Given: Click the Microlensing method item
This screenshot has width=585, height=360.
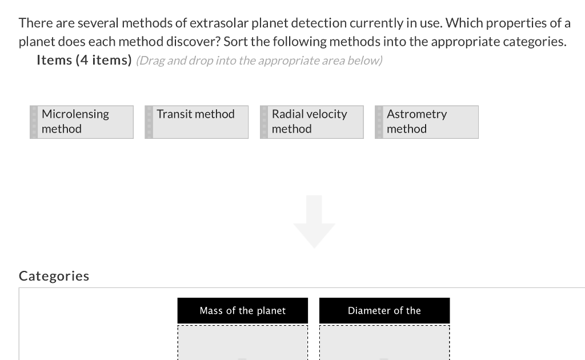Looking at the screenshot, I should pos(82,122).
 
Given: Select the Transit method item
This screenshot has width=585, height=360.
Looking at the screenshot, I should pos(196,122).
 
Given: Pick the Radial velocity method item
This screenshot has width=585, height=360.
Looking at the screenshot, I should pos(311,122).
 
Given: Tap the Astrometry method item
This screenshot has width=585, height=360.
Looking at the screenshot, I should pos(426,122).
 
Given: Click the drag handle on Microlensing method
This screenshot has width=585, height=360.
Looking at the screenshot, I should pos(34,122).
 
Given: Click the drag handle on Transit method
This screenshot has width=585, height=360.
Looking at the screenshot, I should pos(149,122).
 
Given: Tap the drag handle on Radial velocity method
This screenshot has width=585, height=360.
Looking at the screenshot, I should pos(264,122).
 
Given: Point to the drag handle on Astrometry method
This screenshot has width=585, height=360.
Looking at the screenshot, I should pos(379,122).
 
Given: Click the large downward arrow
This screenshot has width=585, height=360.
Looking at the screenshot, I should pos(314,221).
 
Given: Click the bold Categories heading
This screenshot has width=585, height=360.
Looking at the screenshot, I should pos(54,276).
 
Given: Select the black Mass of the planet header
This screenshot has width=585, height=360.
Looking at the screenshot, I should pos(242,310).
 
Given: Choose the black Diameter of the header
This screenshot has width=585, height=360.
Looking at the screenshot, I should pos(384,310).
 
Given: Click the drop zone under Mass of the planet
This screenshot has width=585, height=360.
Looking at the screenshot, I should pos(242,343).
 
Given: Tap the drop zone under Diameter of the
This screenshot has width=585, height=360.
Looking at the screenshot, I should pos(384,343).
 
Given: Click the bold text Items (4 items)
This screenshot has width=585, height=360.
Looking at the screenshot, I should pos(84,60).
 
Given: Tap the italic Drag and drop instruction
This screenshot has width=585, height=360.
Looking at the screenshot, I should pos(259,61).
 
